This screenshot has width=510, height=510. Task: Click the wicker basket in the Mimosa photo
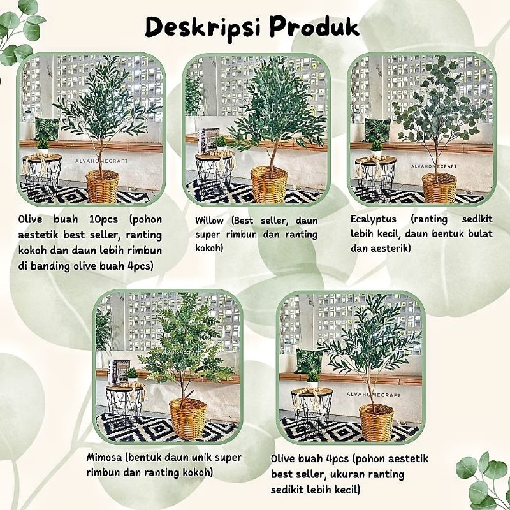click(x=187, y=418)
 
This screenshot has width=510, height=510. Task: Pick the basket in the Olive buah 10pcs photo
click(x=103, y=186)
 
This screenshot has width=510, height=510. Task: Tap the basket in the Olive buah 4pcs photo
click(x=376, y=422)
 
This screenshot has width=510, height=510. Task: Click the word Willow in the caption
click(x=209, y=221)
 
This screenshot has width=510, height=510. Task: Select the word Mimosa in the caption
click(x=104, y=457)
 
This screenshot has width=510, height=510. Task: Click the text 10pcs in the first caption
click(x=103, y=220)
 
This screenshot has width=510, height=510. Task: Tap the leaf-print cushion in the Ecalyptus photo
click(x=377, y=130)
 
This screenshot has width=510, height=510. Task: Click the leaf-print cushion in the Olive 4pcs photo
click(x=309, y=361)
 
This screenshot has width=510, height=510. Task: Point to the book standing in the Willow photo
click(x=207, y=140)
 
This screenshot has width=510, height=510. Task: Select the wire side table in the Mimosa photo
click(x=125, y=404)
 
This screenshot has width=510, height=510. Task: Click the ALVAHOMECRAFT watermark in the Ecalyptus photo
click(x=434, y=166)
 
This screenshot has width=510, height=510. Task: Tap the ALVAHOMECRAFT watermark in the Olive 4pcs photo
click(x=373, y=395)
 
